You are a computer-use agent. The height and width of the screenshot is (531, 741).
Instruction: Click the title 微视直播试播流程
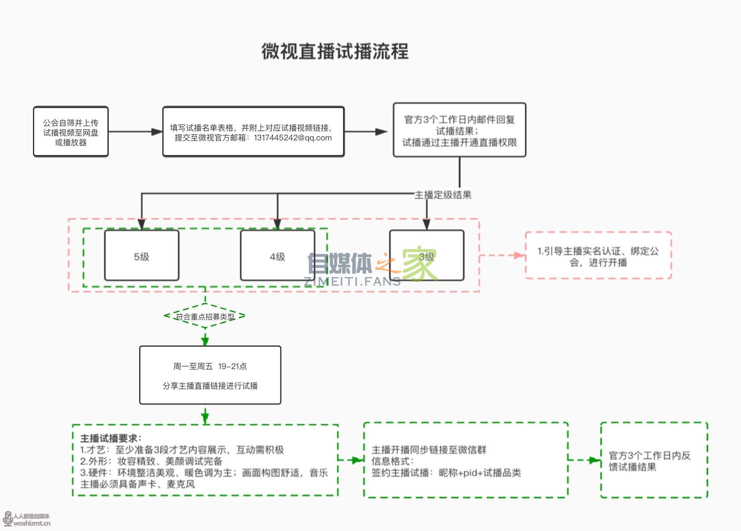click(x=335, y=52)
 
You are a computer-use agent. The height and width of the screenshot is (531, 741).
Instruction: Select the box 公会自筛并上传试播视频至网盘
click(x=71, y=132)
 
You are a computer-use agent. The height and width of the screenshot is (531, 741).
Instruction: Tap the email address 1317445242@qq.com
click(x=293, y=138)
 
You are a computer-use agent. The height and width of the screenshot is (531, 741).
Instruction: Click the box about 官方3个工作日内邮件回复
click(x=459, y=130)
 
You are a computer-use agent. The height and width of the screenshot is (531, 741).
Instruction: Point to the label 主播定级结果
click(x=443, y=195)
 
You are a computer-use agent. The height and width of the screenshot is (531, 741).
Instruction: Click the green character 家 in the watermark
click(x=420, y=263)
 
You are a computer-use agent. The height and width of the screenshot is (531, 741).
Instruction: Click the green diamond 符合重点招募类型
click(x=205, y=316)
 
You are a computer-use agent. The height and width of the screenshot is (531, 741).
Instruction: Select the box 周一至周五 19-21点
click(x=210, y=375)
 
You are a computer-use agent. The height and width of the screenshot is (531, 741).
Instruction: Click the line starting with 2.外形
click(x=151, y=461)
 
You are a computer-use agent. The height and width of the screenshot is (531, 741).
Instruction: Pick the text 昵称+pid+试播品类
click(x=480, y=472)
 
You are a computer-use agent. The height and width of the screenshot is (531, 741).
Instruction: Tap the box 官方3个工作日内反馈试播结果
click(x=654, y=460)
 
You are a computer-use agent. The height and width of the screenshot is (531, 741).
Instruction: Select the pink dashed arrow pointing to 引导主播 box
click(x=502, y=256)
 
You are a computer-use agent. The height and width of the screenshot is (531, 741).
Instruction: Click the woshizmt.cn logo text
click(x=32, y=523)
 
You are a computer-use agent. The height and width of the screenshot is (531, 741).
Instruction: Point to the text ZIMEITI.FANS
click(x=352, y=281)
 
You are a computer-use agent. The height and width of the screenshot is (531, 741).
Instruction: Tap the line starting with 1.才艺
click(x=182, y=450)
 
